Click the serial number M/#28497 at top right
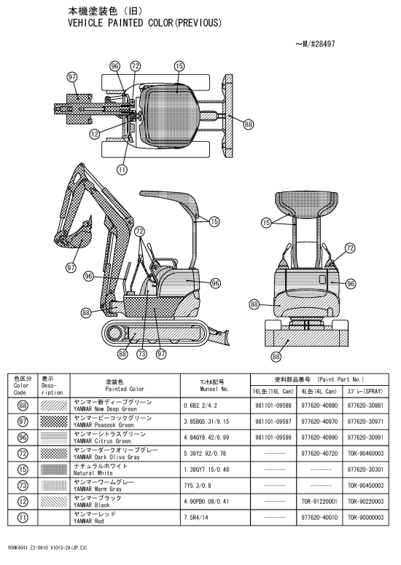point(315,44)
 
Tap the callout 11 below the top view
point(122,170)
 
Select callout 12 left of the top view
point(95,134)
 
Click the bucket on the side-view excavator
point(73,236)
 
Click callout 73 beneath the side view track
point(142,354)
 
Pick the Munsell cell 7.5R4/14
point(196,518)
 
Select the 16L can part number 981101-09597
point(273,422)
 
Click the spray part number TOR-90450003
point(365,486)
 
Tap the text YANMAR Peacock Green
point(104,424)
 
